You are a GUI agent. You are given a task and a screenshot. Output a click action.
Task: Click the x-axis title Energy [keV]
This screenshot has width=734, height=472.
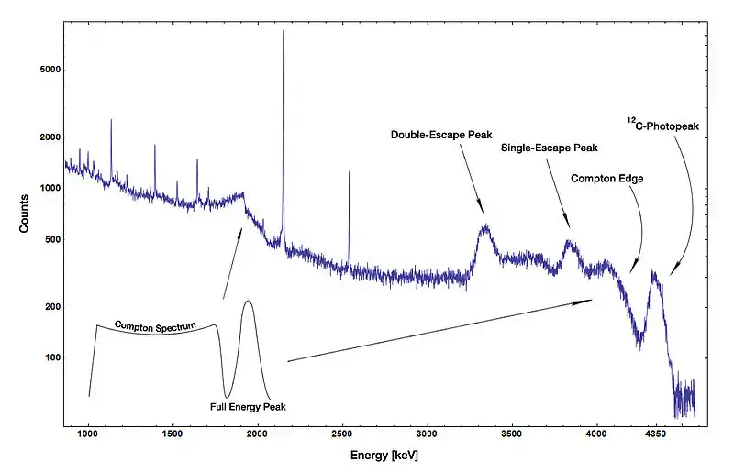click(x=385, y=455)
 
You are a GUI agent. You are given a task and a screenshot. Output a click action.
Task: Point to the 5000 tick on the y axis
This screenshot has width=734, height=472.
click(x=45, y=70)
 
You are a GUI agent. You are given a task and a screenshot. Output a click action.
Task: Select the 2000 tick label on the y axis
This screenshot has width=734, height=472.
click(x=45, y=137)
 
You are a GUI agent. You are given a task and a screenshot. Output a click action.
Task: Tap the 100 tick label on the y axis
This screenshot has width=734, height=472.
click(x=48, y=357)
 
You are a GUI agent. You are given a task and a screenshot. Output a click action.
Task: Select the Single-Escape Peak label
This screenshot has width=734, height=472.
click(x=550, y=148)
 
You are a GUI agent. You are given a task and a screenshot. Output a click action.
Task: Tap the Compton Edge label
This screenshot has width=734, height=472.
click(x=606, y=179)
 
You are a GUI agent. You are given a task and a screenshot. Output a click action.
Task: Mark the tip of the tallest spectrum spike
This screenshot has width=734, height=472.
click(x=283, y=31)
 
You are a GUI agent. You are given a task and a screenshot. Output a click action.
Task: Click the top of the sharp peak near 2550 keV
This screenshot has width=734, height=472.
click(x=349, y=171)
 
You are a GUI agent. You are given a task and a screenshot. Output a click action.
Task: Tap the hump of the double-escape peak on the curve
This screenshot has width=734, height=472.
click(x=484, y=226)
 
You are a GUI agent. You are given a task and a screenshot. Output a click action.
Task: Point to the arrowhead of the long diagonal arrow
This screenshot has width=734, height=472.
click(x=591, y=300)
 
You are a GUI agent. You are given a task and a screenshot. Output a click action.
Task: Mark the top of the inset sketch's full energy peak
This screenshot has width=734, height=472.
click(x=248, y=301)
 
